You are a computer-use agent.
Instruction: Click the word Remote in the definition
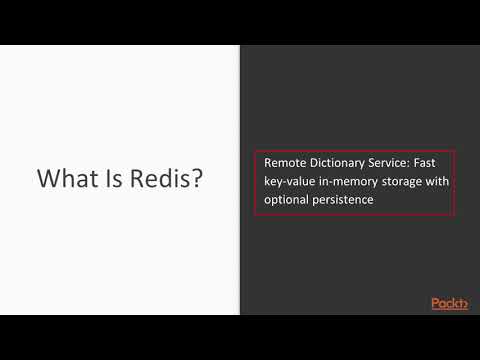coord(285,163)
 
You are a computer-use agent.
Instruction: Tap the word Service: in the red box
coord(402,163)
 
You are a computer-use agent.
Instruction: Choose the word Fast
coord(440,163)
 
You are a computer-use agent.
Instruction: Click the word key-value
coord(291,181)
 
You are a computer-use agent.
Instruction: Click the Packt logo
coord(450,303)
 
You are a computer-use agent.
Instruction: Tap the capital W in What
coord(47,179)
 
